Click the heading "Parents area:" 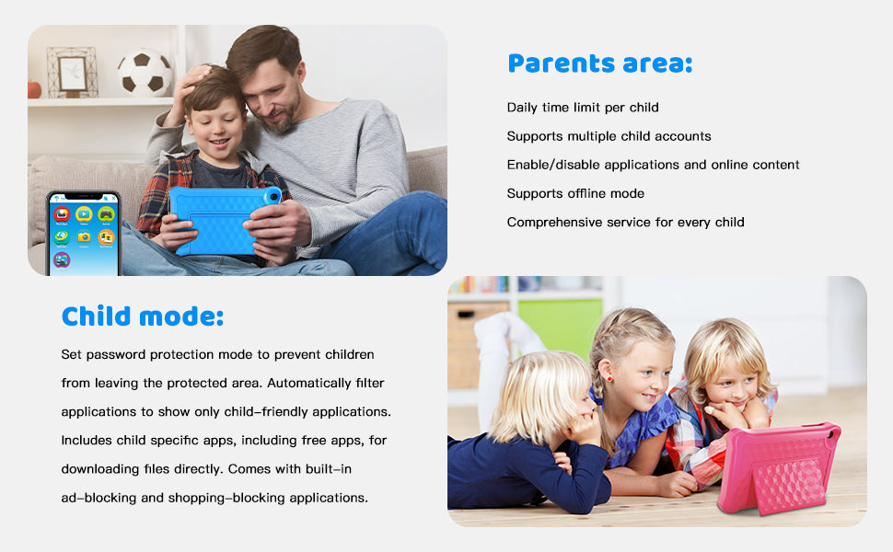(599, 63)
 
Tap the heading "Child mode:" (143, 316)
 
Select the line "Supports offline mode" (575, 193)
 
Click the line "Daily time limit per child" (583, 108)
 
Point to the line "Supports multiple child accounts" (609, 136)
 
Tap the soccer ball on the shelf (145, 73)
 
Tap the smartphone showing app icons (83, 234)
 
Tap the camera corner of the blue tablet (272, 196)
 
